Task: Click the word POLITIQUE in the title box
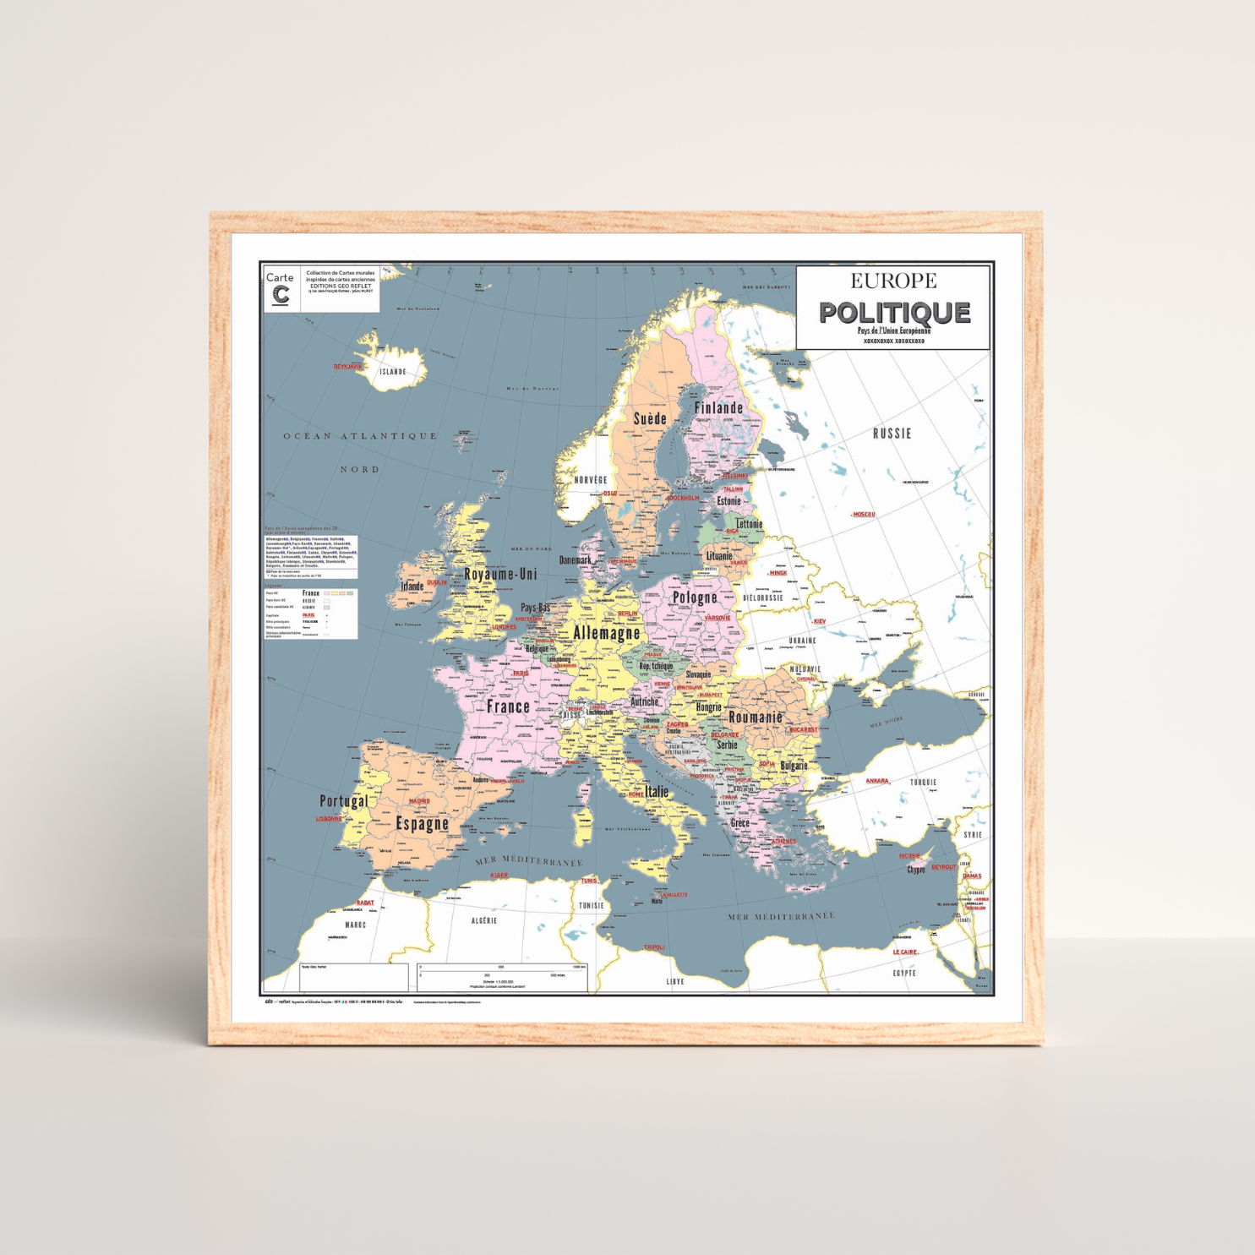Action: tap(894, 313)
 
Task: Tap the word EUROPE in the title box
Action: tap(893, 281)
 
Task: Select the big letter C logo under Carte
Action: tap(281, 295)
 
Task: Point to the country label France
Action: tap(508, 707)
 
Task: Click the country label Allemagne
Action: tap(606, 632)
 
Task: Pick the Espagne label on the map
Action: tap(422, 824)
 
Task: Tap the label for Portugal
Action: tap(343, 800)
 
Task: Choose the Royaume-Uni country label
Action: tap(500, 574)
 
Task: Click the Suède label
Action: tap(650, 418)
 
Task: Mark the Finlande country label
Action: tap(718, 407)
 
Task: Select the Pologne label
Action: tap(694, 597)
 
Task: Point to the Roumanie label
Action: tap(756, 717)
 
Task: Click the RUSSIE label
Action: tap(892, 434)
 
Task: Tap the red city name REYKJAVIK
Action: tap(347, 367)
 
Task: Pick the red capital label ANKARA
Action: tap(876, 781)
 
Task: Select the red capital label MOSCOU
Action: tap(863, 514)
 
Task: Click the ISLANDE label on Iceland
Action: tap(392, 372)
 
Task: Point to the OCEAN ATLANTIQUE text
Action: tap(360, 436)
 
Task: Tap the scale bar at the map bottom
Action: tap(502, 971)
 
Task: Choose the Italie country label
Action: tap(657, 792)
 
